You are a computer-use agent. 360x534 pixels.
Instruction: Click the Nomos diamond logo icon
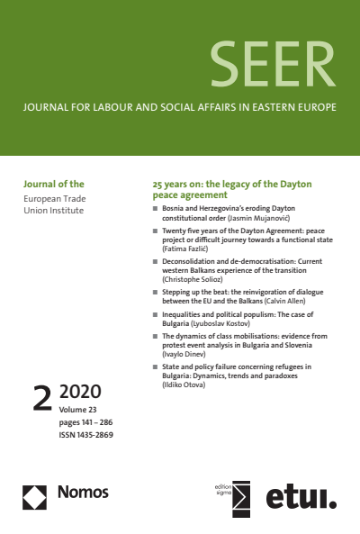(x=34, y=493)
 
